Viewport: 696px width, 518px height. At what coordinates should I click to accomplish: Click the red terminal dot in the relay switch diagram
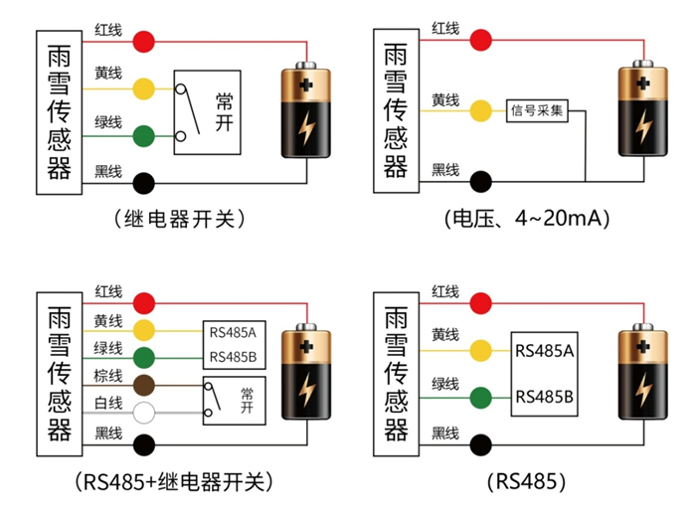145,42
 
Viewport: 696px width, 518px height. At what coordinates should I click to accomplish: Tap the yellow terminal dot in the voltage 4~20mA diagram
482,109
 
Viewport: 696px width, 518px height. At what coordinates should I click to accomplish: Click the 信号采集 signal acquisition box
537,109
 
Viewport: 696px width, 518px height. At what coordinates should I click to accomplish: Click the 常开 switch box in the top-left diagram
208,111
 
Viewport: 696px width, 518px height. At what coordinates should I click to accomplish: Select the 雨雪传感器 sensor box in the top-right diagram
396,109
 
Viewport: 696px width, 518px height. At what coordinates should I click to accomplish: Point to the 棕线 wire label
108,376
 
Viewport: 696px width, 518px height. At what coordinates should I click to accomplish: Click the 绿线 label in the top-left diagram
108,123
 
